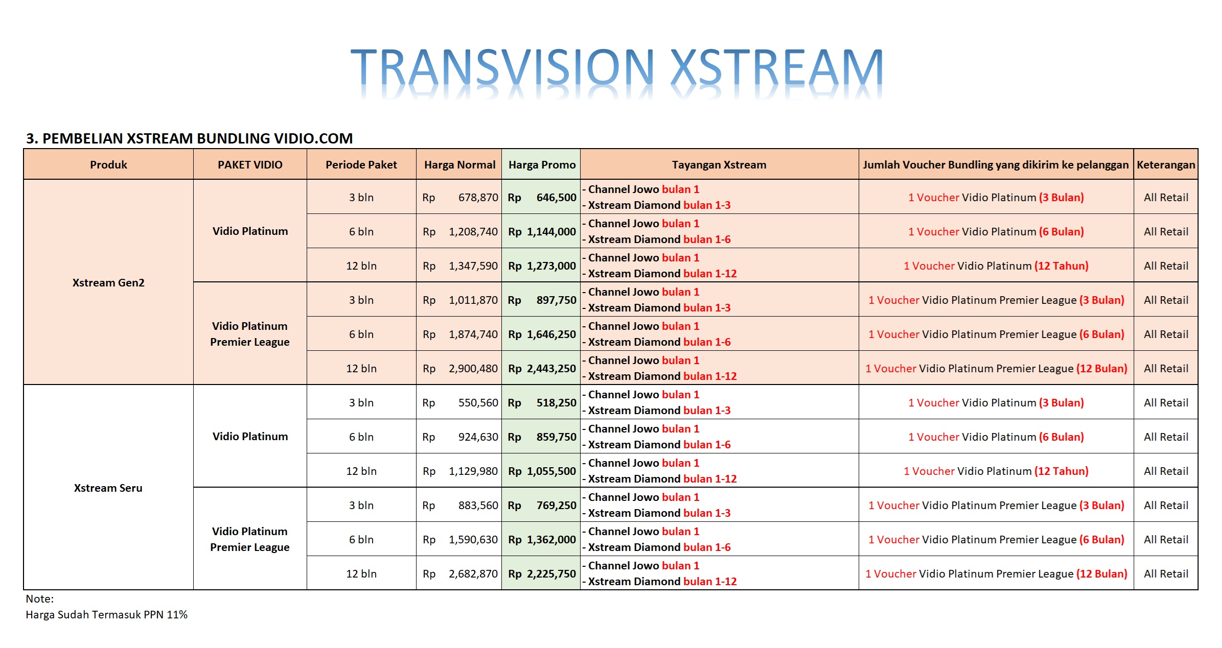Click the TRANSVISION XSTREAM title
pyautogui.click(x=616, y=67)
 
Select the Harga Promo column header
pyautogui.click(x=542, y=165)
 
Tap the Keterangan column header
pyautogui.click(x=1166, y=165)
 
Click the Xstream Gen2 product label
pyautogui.click(x=108, y=283)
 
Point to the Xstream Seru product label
pyautogui.click(x=108, y=488)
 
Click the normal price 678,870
pyautogui.click(x=478, y=198)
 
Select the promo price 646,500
pyautogui.click(x=556, y=198)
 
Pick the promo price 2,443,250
pyautogui.click(x=551, y=369)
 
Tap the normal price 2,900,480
pyautogui.click(x=473, y=369)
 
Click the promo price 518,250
pyautogui.click(x=556, y=403)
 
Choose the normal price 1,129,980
pyautogui.click(x=473, y=471)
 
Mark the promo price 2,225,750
pyautogui.click(x=551, y=574)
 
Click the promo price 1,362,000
pyautogui.click(x=551, y=540)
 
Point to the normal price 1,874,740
pyautogui.click(x=473, y=334)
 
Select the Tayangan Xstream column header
pyautogui.click(x=719, y=165)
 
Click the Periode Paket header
pyautogui.click(x=361, y=165)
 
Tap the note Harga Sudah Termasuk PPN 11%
pyautogui.click(x=106, y=615)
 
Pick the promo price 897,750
pyautogui.click(x=556, y=300)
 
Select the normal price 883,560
pyautogui.click(x=478, y=506)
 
